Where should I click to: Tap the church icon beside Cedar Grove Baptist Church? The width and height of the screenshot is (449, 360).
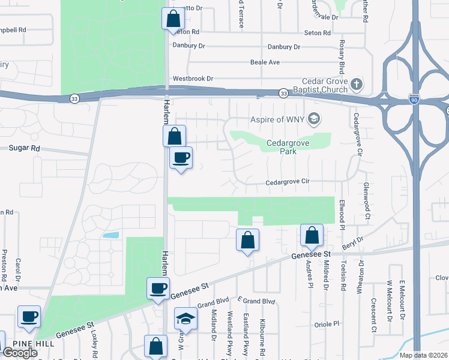click(357, 84)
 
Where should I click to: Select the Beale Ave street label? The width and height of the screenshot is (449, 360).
click(265, 62)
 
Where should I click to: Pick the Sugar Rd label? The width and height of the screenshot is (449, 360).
click(24, 148)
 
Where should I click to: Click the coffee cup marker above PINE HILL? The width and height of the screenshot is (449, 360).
click(29, 316)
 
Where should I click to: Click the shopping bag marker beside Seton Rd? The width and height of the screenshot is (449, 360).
click(173, 18)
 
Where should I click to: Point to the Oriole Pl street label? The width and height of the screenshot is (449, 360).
click(328, 324)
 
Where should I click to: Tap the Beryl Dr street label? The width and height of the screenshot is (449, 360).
click(354, 242)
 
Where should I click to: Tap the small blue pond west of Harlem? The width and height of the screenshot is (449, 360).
click(110, 235)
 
